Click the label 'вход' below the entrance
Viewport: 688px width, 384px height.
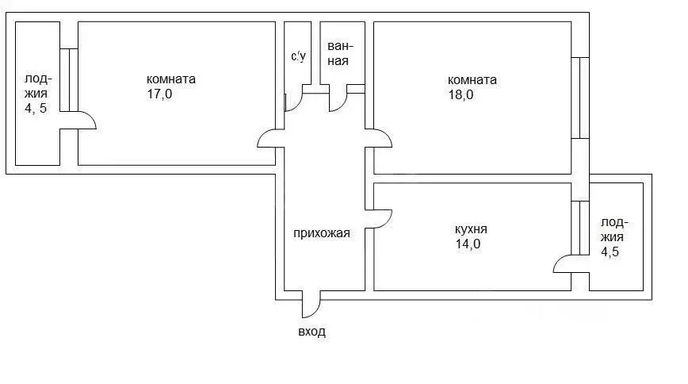(312, 332)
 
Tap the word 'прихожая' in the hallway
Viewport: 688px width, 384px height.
(321, 233)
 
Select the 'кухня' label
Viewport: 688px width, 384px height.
(471, 229)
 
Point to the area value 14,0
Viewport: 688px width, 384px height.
(467, 244)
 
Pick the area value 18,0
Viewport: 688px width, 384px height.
(461, 94)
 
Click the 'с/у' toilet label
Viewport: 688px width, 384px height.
(298, 56)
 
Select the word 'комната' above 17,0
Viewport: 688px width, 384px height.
(171, 79)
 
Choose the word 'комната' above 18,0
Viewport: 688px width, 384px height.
(472, 79)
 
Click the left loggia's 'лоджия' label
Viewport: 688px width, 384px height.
(36, 92)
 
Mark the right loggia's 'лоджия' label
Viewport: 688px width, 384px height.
(612, 229)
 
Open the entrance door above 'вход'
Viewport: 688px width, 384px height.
(311, 303)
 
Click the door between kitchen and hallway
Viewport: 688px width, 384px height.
(378, 220)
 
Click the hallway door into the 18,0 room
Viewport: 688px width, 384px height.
(378, 139)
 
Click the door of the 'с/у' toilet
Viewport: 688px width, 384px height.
(292, 102)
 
